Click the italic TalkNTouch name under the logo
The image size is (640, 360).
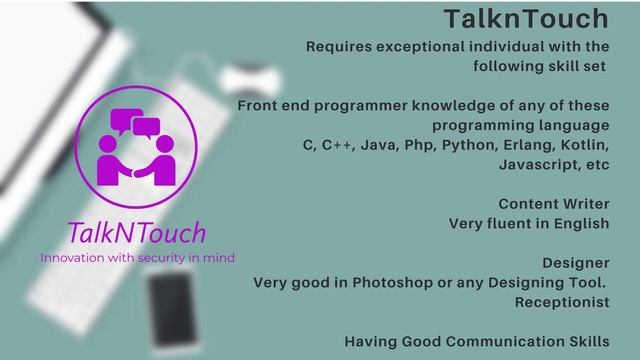point(137,234)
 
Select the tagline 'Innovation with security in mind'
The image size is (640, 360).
point(137,257)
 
